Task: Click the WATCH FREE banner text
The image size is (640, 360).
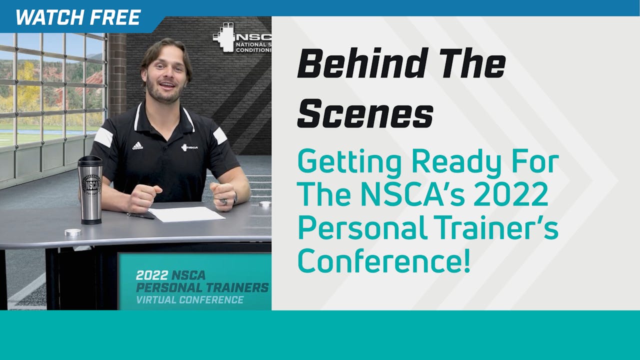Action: tap(78, 17)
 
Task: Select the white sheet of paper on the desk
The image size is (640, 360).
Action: tap(186, 213)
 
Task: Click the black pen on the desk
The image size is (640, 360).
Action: tap(140, 215)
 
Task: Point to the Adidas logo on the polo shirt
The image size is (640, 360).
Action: tap(137, 145)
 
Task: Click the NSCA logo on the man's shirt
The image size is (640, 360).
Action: tap(189, 147)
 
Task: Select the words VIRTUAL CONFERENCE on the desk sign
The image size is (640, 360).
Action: tap(190, 299)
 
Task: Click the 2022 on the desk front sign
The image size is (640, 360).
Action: tap(151, 275)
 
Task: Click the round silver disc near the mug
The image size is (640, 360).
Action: tap(73, 232)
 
